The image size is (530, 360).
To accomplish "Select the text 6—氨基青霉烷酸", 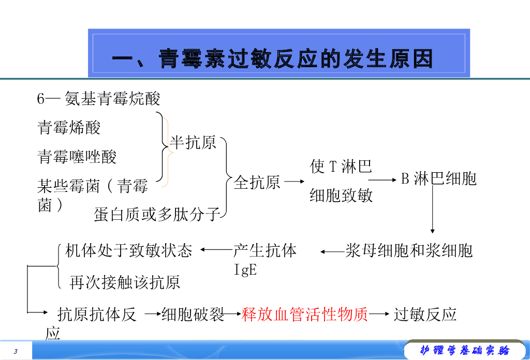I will pyautogui.click(x=99, y=98).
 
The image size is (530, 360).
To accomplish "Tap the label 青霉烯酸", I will pyautogui.click(x=69, y=127).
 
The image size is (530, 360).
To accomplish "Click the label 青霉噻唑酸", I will pyautogui.click(x=77, y=156).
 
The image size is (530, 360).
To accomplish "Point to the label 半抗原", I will pyautogui.click(x=193, y=142).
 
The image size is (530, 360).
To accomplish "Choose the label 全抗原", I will pyautogui.click(x=257, y=182).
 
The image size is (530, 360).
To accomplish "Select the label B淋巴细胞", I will pyautogui.click(x=439, y=179).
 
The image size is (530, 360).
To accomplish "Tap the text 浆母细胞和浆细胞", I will pyautogui.click(x=409, y=251).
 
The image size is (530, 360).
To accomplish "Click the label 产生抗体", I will pyautogui.click(x=265, y=251).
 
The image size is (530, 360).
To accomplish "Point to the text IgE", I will pyautogui.click(x=246, y=270).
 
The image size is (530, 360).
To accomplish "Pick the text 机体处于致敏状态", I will pyautogui.click(x=129, y=251).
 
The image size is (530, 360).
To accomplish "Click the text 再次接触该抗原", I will pyautogui.click(x=125, y=282).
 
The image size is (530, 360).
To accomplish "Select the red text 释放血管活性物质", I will pyautogui.click(x=305, y=314).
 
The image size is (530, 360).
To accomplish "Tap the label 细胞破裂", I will pyautogui.click(x=193, y=314).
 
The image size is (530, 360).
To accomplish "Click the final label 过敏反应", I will pyautogui.click(x=425, y=314).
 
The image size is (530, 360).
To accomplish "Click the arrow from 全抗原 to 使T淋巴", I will pyautogui.click(x=295, y=182).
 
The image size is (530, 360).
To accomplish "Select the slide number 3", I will pyautogui.click(x=16, y=352).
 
